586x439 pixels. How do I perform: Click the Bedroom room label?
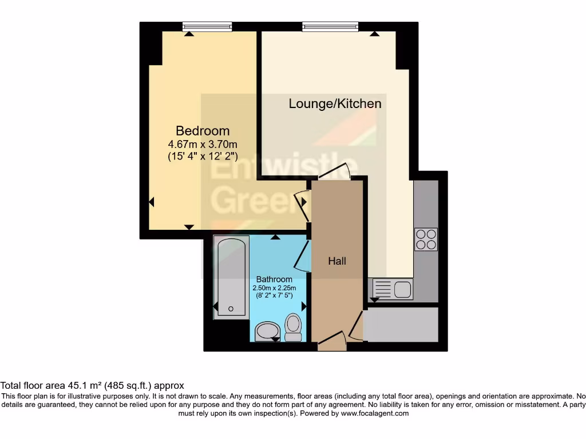point(203,131)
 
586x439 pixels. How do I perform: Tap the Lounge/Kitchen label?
point(335,103)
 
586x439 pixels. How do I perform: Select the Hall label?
point(337,261)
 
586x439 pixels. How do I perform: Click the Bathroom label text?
point(270,280)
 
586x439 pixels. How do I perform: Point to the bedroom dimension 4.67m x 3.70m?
point(203,143)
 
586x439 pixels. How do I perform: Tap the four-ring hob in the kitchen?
point(426,240)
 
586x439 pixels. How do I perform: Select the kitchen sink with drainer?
point(393,289)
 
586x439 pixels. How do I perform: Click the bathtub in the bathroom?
point(231,278)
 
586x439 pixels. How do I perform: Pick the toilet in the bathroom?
point(294,328)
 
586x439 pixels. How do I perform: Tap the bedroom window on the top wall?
point(207,26)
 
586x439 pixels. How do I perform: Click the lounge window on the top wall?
point(330,26)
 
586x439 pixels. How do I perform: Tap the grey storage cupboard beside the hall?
point(401,325)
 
